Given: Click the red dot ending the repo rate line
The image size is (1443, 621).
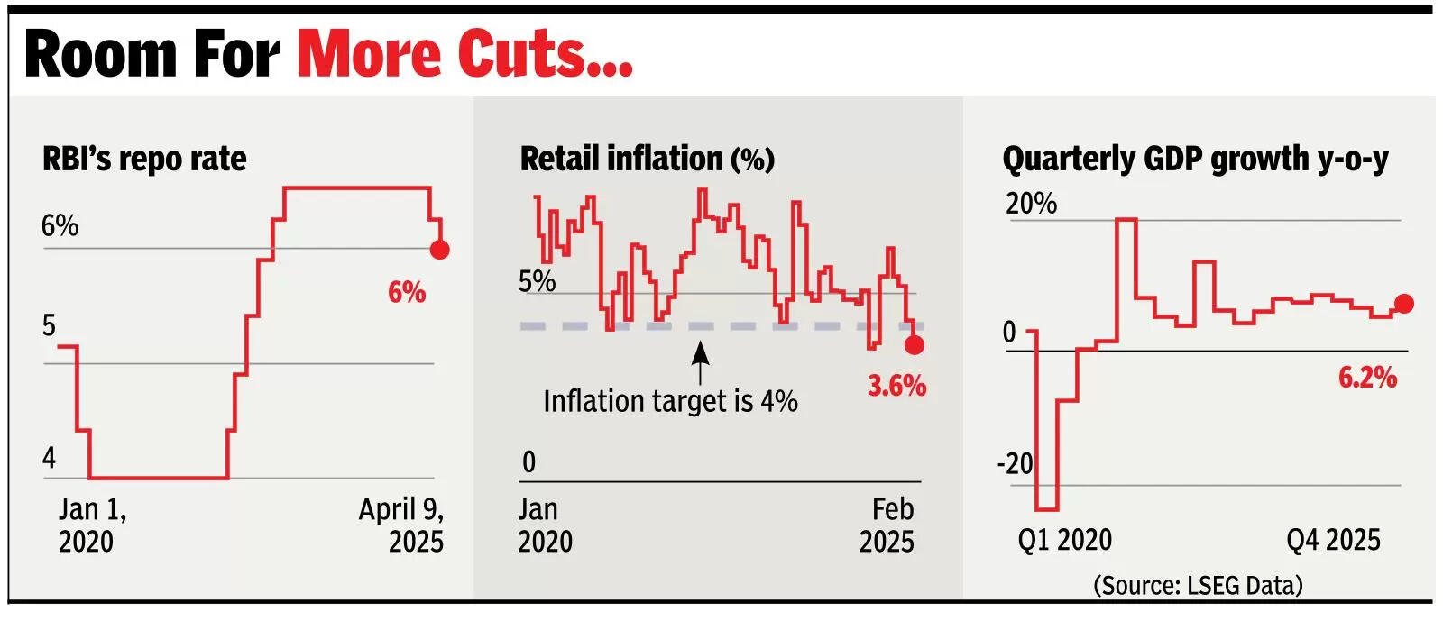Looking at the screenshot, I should pyautogui.click(x=439, y=249).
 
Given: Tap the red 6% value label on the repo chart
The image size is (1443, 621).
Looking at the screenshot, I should pyautogui.click(x=407, y=292).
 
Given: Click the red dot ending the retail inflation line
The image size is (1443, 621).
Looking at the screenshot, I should pyautogui.click(x=914, y=344).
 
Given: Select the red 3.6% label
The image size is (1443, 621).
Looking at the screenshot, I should pyautogui.click(x=896, y=386).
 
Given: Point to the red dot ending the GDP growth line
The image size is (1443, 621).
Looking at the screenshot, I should pyautogui.click(x=1403, y=304).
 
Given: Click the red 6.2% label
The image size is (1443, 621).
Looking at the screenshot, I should pyautogui.click(x=1367, y=377).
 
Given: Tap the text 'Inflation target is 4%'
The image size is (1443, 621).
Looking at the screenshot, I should pyautogui.click(x=670, y=400).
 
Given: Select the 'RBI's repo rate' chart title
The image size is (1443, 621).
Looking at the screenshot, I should pyautogui.click(x=144, y=159).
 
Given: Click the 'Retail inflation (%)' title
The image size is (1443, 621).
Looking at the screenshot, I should pyautogui.click(x=647, y=159).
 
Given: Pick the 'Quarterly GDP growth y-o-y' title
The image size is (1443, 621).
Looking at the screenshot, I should pyautogui.click(x=1195, y=159).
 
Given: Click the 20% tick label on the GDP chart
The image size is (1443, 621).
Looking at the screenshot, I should pyautogui.click(x=1031, y=203).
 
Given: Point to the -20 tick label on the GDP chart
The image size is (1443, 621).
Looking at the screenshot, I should pyautogui.click(x=1015, y=463).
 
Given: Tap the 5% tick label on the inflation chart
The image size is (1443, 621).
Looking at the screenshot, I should pyautogui.click(x=537, y=281).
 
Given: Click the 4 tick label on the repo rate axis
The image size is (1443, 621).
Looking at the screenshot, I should pyautogui.click(x=49, y=458).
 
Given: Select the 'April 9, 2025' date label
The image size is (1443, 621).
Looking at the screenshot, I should pyautogui.click(x=401, y=525).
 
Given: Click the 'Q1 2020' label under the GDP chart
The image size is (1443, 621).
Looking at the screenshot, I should pyautogui.click(x=1064, y=540).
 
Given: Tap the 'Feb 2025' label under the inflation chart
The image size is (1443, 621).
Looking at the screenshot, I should pyautogui.click(x=887, y=525).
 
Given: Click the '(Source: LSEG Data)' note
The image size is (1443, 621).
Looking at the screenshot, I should pyautogui.click(x=1198, y=585).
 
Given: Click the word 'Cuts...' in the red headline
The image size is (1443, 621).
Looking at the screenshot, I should pyautogui.click(x=545, y=54).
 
